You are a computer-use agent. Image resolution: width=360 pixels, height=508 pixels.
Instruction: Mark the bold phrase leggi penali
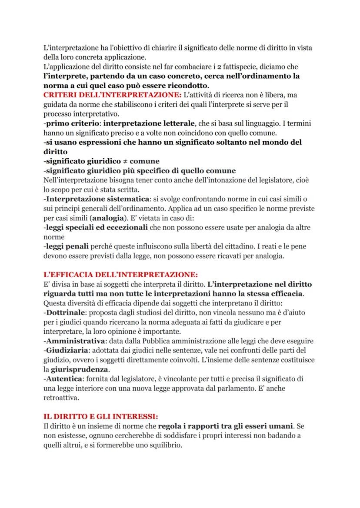point(67,247)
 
